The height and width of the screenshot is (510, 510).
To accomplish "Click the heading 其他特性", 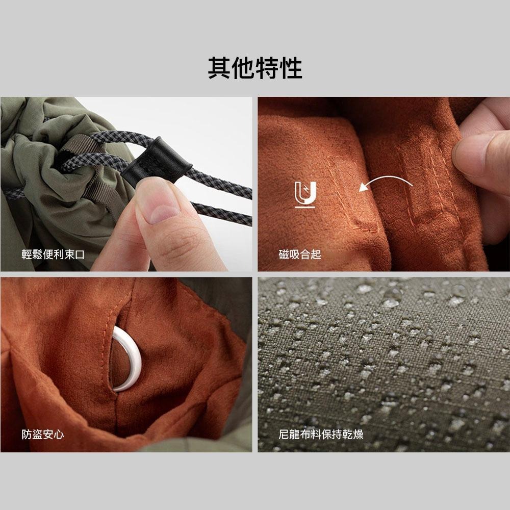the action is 255,68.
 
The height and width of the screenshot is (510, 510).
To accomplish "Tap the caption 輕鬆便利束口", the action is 53,254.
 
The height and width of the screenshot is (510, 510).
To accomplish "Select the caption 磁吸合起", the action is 299,254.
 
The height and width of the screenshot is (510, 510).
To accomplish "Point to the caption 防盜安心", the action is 43,434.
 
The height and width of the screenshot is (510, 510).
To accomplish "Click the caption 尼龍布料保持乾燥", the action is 321,434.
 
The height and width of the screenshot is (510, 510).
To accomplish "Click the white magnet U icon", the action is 305,194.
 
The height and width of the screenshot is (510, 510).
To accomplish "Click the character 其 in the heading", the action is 219,68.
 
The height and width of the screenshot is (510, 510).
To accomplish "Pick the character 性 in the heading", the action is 291,68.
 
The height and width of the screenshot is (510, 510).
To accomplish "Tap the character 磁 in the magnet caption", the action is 284,254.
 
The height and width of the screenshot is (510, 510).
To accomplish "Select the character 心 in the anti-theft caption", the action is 59,434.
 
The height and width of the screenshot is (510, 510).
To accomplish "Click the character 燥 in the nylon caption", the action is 359,434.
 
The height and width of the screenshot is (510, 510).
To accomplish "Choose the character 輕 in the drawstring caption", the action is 27,254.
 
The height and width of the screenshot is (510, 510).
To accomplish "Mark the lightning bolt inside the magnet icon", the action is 305,191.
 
